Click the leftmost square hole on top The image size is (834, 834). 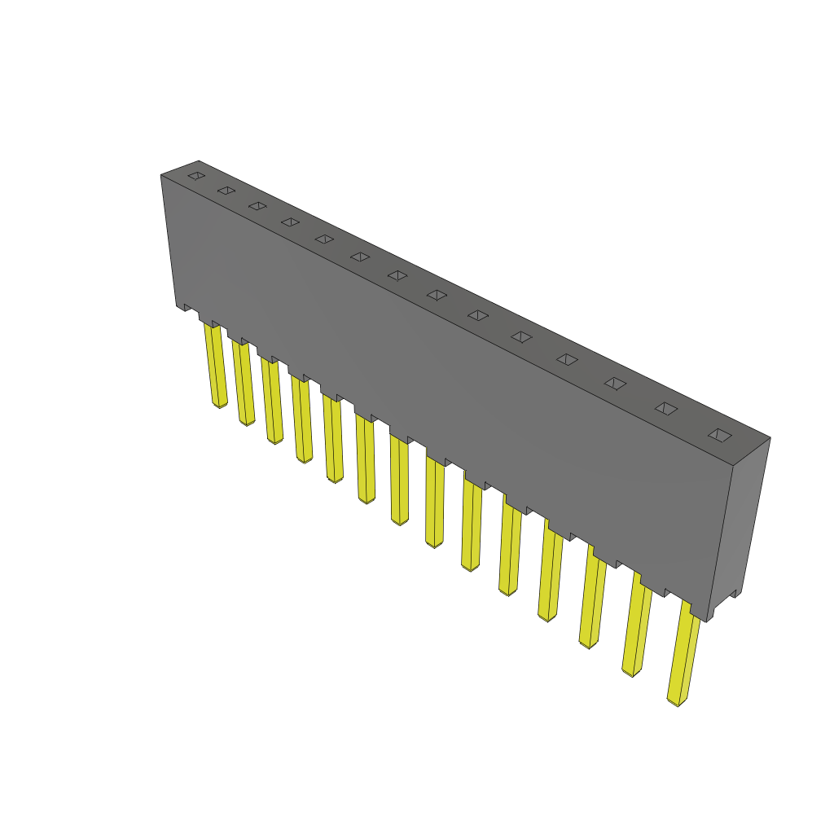[x=195, y=175]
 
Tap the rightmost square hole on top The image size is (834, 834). [x=720, y=435]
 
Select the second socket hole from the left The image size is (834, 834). [x=226, y=191]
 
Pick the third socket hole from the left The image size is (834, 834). [x=258, y=206]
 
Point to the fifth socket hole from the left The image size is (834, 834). [x=324, y=239]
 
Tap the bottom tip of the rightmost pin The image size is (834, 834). [x=676, y=703]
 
